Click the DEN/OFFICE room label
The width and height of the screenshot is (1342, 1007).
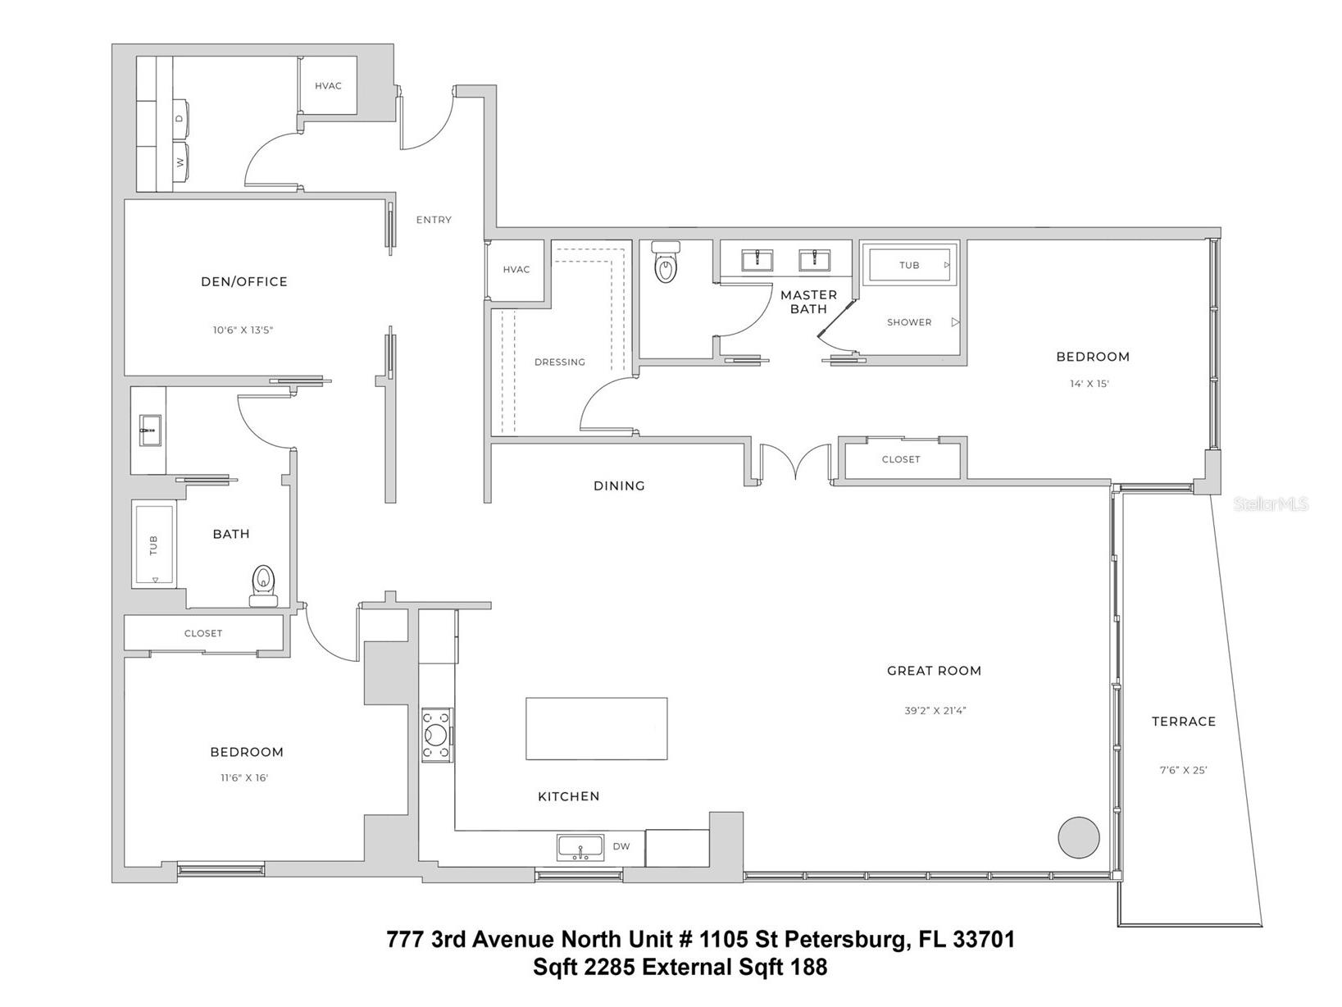244,281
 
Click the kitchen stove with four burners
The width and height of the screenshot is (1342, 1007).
435,735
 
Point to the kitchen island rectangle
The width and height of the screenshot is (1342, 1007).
596,728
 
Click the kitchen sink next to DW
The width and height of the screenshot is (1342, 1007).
580,847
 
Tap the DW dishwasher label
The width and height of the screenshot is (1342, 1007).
621,846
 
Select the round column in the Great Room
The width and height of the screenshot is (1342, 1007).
1078,837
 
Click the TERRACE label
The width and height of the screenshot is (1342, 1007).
1183,722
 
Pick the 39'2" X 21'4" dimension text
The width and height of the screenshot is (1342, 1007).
935,711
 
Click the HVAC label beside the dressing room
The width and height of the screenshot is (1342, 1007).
516,270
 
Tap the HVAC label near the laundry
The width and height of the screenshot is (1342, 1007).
328,86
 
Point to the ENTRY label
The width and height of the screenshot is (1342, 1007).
434,220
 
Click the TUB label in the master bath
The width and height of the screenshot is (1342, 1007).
909,265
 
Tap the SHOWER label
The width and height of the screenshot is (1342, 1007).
909,322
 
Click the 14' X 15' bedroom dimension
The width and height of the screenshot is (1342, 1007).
1089,384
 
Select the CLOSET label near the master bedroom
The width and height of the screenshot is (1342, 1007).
901,459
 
